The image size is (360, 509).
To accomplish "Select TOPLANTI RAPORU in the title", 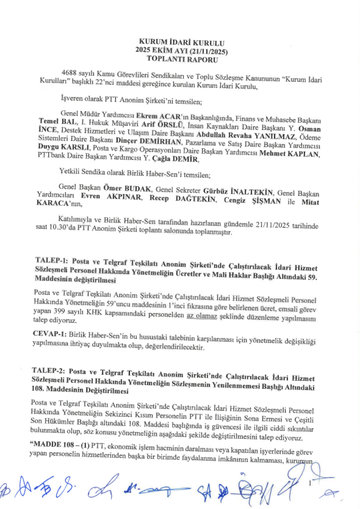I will (x=182, y=60).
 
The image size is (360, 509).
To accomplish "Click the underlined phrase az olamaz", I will (x=202, y=316).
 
